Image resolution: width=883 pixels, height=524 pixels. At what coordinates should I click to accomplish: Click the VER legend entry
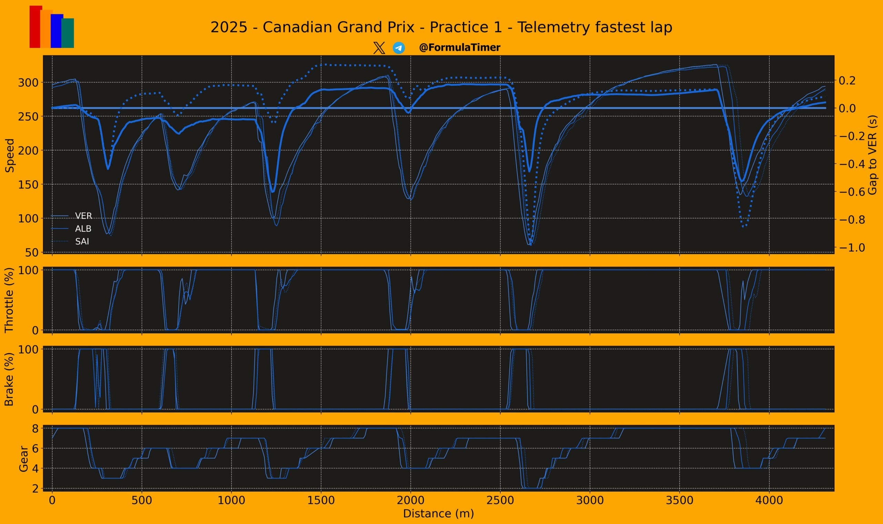[83, 216]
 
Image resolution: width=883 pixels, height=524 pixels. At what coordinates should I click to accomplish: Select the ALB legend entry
[83, 229]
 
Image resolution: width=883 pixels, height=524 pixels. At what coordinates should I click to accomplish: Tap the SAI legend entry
[82, 241]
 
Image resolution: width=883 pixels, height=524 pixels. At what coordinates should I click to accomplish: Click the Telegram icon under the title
[399, 48]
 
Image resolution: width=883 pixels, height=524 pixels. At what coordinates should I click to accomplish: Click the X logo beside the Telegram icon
[379, 48]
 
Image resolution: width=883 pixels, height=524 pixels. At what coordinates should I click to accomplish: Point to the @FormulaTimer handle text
[459, 48]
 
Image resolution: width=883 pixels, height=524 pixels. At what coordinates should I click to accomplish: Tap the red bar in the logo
[34, 27]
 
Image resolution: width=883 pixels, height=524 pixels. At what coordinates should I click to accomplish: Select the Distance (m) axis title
[438, 514]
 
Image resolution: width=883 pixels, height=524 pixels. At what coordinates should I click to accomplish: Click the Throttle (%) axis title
[9, 300]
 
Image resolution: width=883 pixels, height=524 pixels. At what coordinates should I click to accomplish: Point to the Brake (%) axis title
[9, 379]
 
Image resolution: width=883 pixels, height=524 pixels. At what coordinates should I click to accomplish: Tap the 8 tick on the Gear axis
[36, 428]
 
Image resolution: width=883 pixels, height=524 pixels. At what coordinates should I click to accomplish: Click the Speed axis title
[10, 155]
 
